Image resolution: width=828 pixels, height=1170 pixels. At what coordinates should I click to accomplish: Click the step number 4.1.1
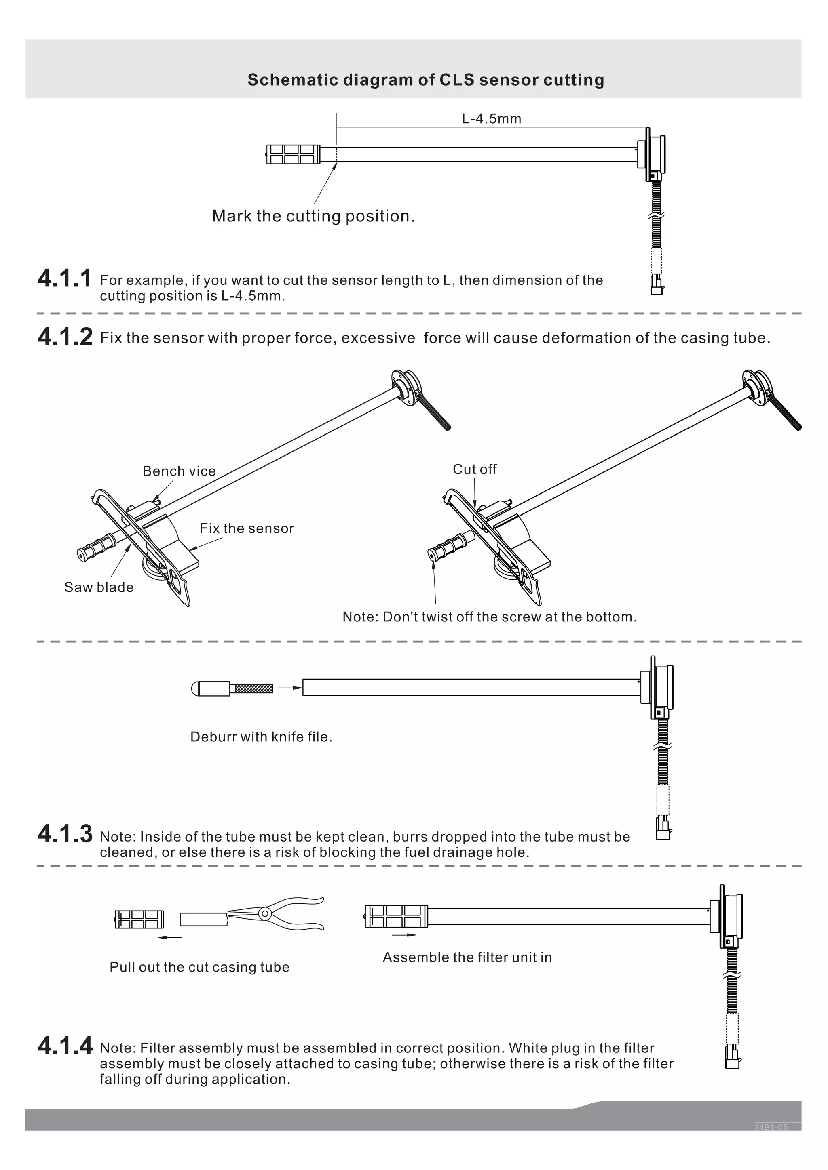click(x=65, y=279)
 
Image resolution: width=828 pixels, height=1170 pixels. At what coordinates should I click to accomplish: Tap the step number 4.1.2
click(x=65, y=337)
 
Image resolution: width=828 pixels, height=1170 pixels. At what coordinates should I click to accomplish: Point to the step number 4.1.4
click(x=65, y=1046)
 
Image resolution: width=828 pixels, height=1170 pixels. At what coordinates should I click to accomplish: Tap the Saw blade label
click(x=99, y=587)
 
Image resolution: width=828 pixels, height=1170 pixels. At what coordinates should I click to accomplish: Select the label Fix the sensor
click(x=247, y=528)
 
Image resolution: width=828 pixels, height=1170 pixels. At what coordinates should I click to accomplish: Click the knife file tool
click(x=232, y=688)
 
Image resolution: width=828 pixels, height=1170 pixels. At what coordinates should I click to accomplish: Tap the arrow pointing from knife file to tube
click(x=289, y=688)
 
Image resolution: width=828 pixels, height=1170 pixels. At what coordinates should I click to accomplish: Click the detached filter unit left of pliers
click(x=139, y=919)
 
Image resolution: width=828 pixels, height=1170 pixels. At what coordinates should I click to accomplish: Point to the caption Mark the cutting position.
click(x=313, y=216)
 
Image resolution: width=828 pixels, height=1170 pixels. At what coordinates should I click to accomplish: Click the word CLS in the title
click(x=457, y=80)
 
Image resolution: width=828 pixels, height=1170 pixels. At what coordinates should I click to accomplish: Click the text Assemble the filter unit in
click(x=467, y=957)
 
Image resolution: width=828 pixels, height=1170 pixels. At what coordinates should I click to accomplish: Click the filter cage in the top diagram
click(x=293, y=154)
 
